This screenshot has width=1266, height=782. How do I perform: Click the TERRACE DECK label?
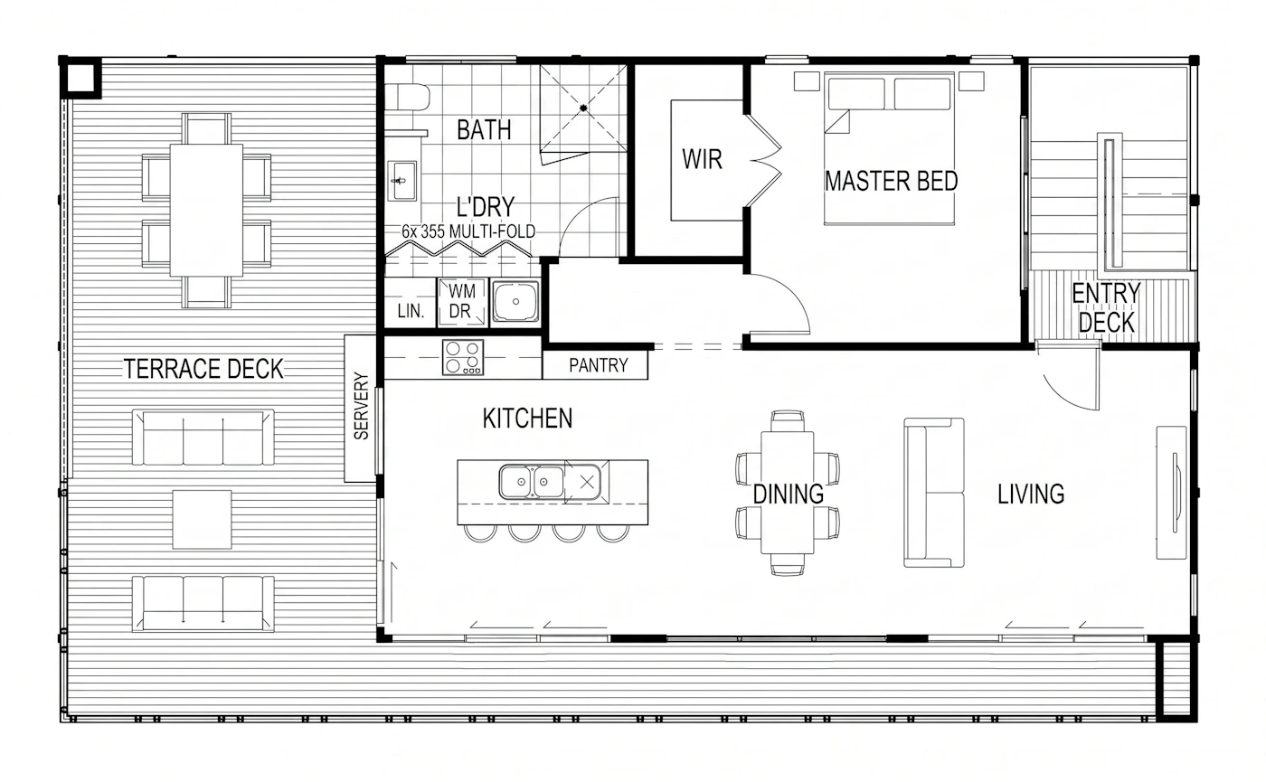(x=203, y=369)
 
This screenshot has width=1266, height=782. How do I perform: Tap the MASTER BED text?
(x=892, y=181)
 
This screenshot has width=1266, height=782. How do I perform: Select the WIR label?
(x=702, y=159)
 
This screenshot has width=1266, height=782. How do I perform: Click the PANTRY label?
(x=598, y=365)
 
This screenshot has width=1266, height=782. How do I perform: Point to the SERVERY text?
(x=361, y=405)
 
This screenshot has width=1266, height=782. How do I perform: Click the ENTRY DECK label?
(x=1106, y=308)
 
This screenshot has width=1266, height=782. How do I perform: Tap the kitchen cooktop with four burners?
(x=463, y=357)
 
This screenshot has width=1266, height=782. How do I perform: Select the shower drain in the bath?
(x=583, y=108)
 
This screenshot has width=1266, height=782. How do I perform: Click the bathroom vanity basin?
(x=402, y=181)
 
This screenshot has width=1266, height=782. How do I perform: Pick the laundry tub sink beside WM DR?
(x=515, y=302)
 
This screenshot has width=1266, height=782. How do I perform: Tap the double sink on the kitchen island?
(x=532, y=482)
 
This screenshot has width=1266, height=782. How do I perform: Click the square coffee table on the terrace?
(x=202, y=519)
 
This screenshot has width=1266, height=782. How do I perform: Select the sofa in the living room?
(x=933, y=492)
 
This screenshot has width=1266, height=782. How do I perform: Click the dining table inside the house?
(x=788, y=493)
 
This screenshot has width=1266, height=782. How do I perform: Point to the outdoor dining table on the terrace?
(x=206, y=210)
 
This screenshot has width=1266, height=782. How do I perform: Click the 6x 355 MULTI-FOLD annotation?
(x=468, y=231)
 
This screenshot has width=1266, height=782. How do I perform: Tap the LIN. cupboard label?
(x=411, y=311)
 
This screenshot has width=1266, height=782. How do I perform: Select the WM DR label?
(x=462, y=301)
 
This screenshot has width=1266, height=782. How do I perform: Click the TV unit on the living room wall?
(x=1171, y=493)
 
